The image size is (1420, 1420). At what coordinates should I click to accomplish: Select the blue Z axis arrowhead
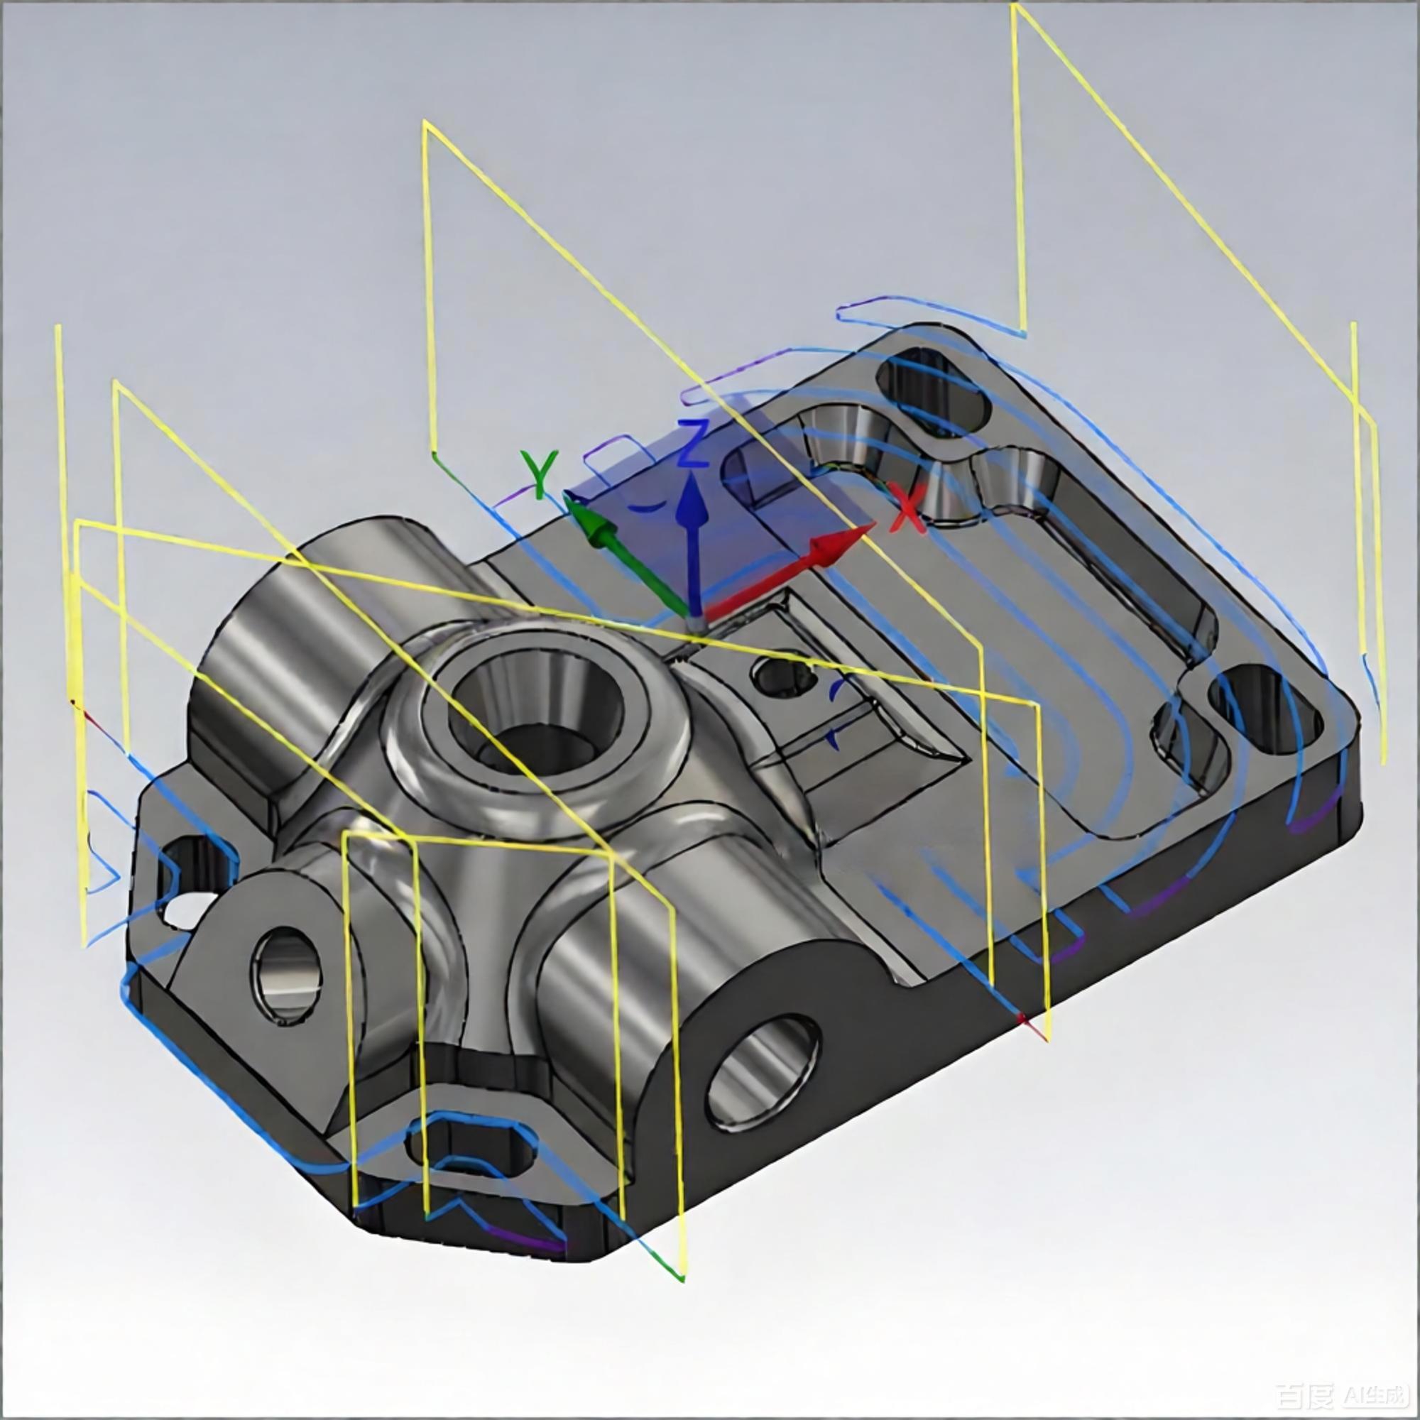(x=690, y=501)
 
